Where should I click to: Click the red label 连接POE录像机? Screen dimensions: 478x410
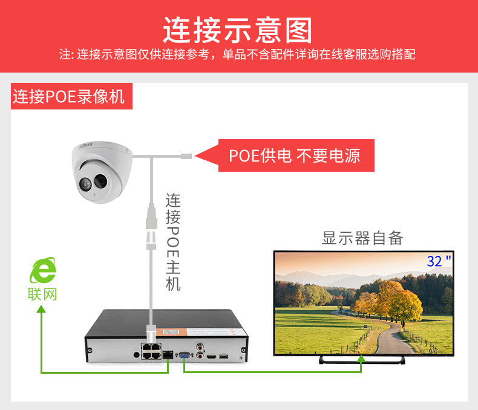68,97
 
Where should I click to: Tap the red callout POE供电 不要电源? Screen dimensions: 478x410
294,155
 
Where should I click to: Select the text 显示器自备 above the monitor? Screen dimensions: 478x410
362,238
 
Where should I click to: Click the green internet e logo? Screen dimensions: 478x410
43,270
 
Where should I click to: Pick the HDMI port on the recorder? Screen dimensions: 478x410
211,357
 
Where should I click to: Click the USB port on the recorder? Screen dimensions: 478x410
224,356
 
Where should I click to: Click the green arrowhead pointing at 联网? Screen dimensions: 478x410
41,310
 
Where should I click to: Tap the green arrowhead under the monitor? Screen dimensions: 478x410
362,360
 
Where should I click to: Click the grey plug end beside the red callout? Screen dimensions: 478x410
185,156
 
